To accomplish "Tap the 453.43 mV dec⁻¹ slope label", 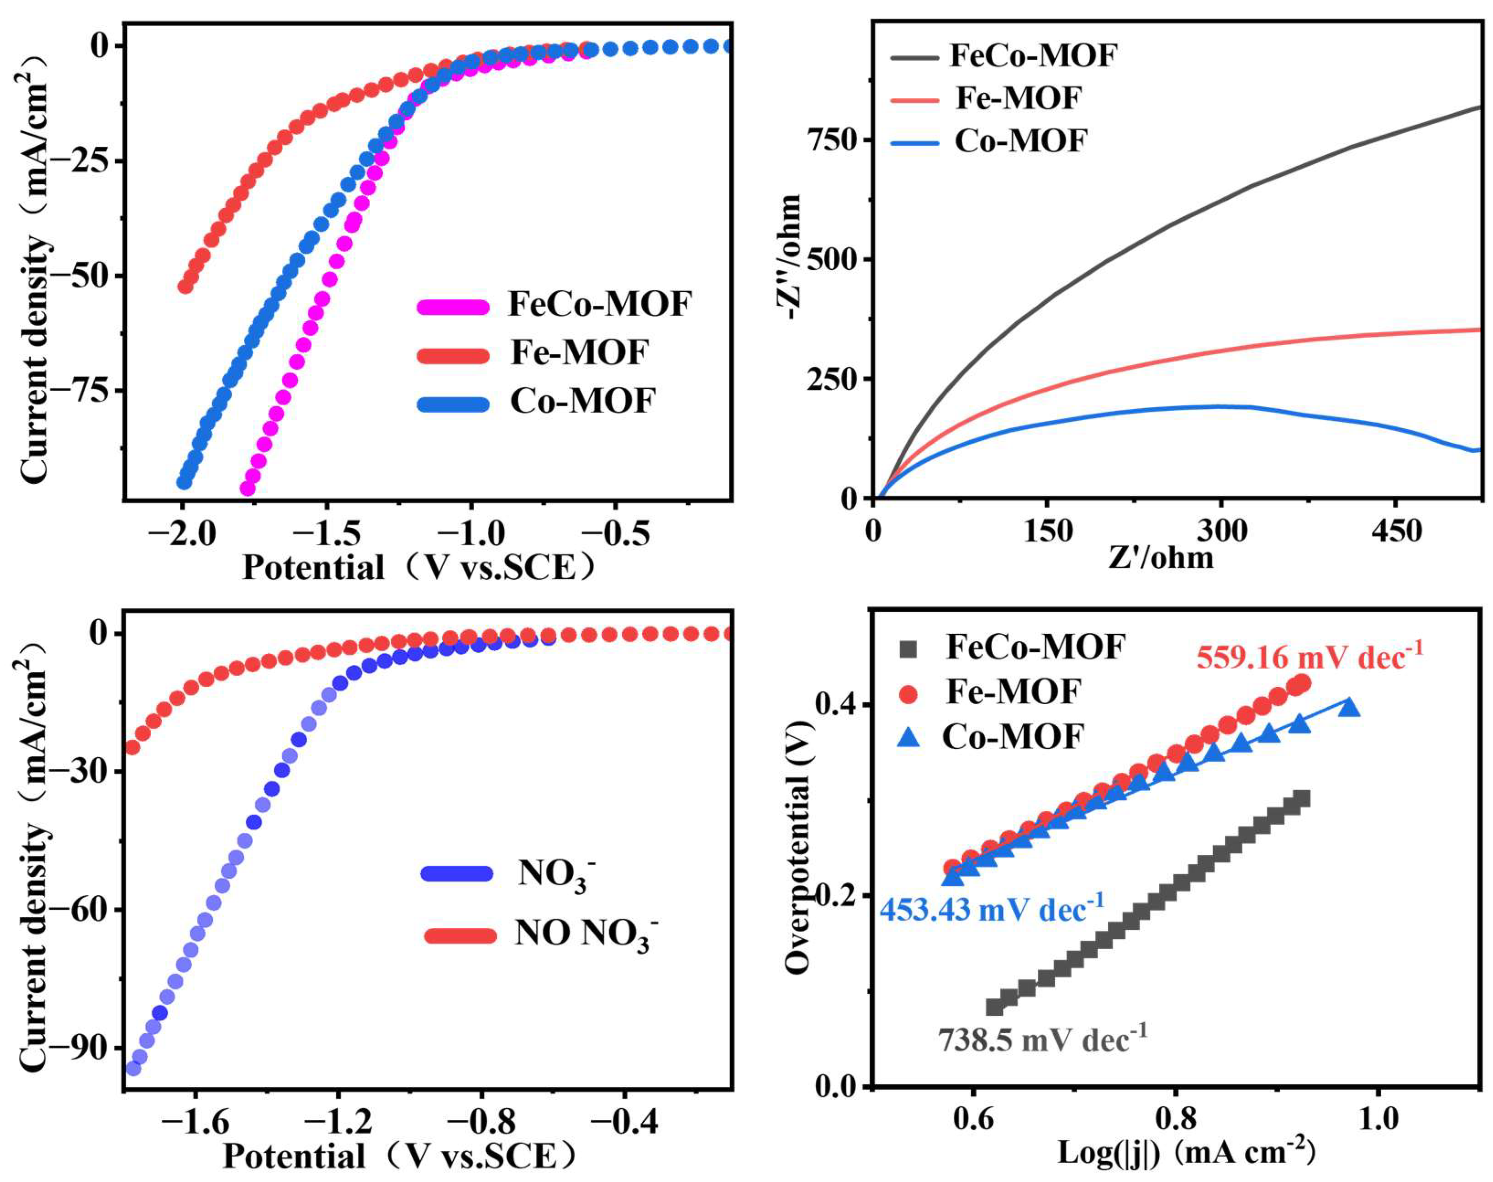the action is point(992,909).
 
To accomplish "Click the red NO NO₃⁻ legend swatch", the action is point(460,936).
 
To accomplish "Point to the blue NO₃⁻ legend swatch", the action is point(457,873).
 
